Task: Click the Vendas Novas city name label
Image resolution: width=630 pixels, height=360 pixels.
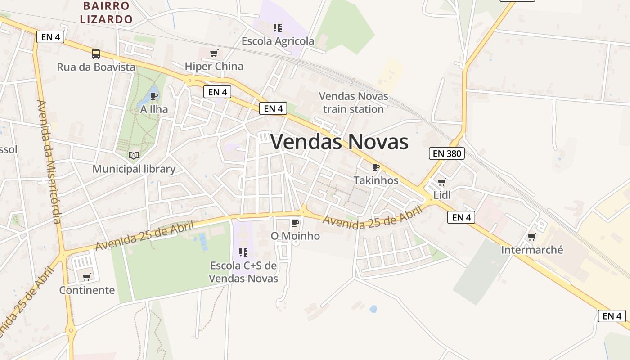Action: point(340,142)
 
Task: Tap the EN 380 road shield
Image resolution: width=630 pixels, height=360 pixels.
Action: point(446,153)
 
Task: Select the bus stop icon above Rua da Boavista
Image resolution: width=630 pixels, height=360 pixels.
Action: point(96,54)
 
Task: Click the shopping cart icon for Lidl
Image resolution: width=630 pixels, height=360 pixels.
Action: point(441,182)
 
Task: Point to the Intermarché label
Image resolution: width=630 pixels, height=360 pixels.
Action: point(532,250)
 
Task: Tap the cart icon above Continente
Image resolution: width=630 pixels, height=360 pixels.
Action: point(87,277)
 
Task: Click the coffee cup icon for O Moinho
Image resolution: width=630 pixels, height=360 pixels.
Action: point(295,223)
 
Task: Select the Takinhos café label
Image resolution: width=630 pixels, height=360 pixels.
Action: point(376,180)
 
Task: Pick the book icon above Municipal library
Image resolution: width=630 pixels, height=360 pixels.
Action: point(134,156)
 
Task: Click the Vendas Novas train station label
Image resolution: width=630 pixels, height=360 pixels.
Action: point(353,103)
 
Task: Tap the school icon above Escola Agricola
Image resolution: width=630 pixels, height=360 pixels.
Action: point(278,28)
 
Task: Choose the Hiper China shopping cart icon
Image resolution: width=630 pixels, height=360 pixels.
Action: point(214,54)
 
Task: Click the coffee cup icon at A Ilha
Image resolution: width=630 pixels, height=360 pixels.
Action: point(154,96)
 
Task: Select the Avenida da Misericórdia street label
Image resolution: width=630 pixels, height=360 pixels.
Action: point(49,162)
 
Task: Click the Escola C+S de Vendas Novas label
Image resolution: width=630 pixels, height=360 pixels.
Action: point(243,272)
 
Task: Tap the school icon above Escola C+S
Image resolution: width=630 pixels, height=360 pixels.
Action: point(243,252)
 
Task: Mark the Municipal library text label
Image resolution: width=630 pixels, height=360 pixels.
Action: point(134,169)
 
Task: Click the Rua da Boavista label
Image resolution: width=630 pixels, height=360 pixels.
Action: point(96,67)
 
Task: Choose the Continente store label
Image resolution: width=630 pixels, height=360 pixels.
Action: point(87,290)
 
